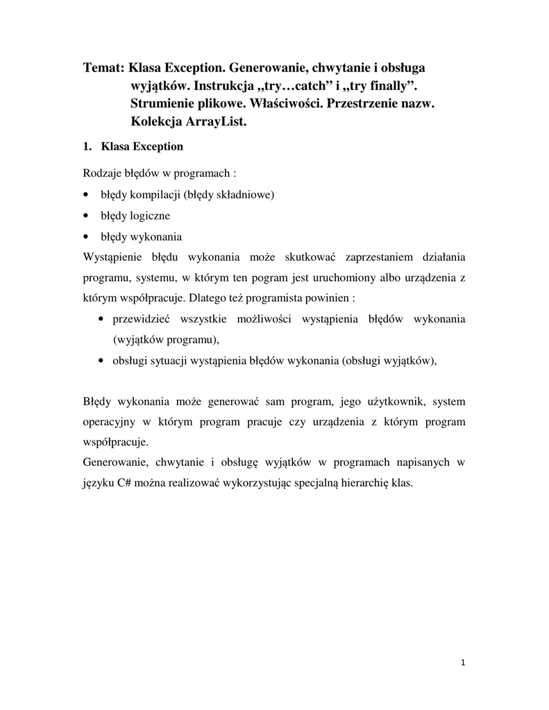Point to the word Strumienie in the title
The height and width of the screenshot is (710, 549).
tap(164, 104)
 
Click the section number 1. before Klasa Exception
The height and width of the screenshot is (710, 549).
tap(87, 146)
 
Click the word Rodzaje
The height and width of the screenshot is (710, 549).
tap(101, 173)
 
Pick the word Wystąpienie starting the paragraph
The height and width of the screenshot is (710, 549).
tap(112, 258)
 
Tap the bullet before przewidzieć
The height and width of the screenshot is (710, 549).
tap(101, 319)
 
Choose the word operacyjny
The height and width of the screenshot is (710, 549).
tap(110, 422)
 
